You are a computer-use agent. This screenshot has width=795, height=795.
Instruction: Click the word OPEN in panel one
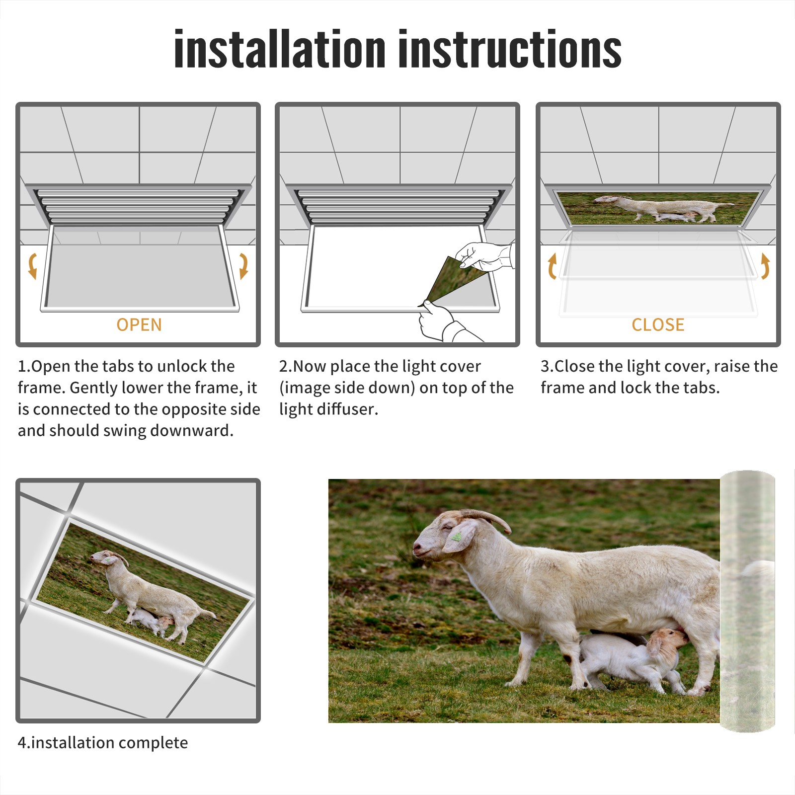139,325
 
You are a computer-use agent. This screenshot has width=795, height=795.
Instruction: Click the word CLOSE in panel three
658,325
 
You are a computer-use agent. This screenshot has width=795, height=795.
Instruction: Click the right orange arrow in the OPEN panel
243,266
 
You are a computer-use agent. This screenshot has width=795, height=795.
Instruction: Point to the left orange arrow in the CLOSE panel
552,266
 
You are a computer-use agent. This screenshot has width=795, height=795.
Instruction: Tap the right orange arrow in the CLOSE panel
765,266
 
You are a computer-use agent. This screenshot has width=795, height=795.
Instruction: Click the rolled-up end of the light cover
747,601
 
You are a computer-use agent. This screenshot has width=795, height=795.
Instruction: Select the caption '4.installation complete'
103,743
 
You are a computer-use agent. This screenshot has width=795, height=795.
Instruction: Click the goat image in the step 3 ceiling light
658,208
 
